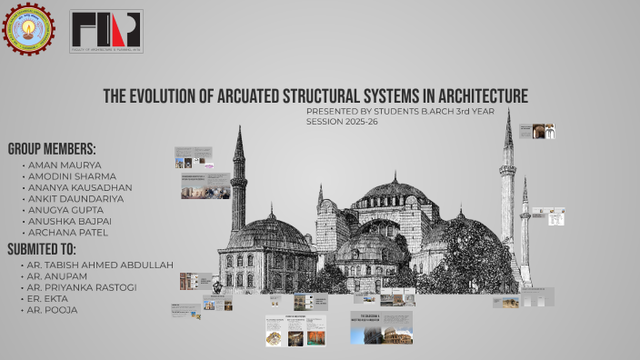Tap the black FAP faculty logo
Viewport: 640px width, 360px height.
(x=106, y=32)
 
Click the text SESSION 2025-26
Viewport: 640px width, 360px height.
(x=343, y=121)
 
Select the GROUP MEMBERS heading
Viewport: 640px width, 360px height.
(x=52, y=148)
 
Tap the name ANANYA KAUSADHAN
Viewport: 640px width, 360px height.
(x=80, y=187)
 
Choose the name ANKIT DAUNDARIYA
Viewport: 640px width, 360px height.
(x=77, y=198)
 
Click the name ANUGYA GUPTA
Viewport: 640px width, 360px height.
(x=68, y=209)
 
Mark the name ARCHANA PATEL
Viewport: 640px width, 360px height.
(x=70, y=231)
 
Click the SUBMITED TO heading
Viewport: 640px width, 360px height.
(x=42, y=248)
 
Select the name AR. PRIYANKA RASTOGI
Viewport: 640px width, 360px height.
(x=84, y=287)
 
